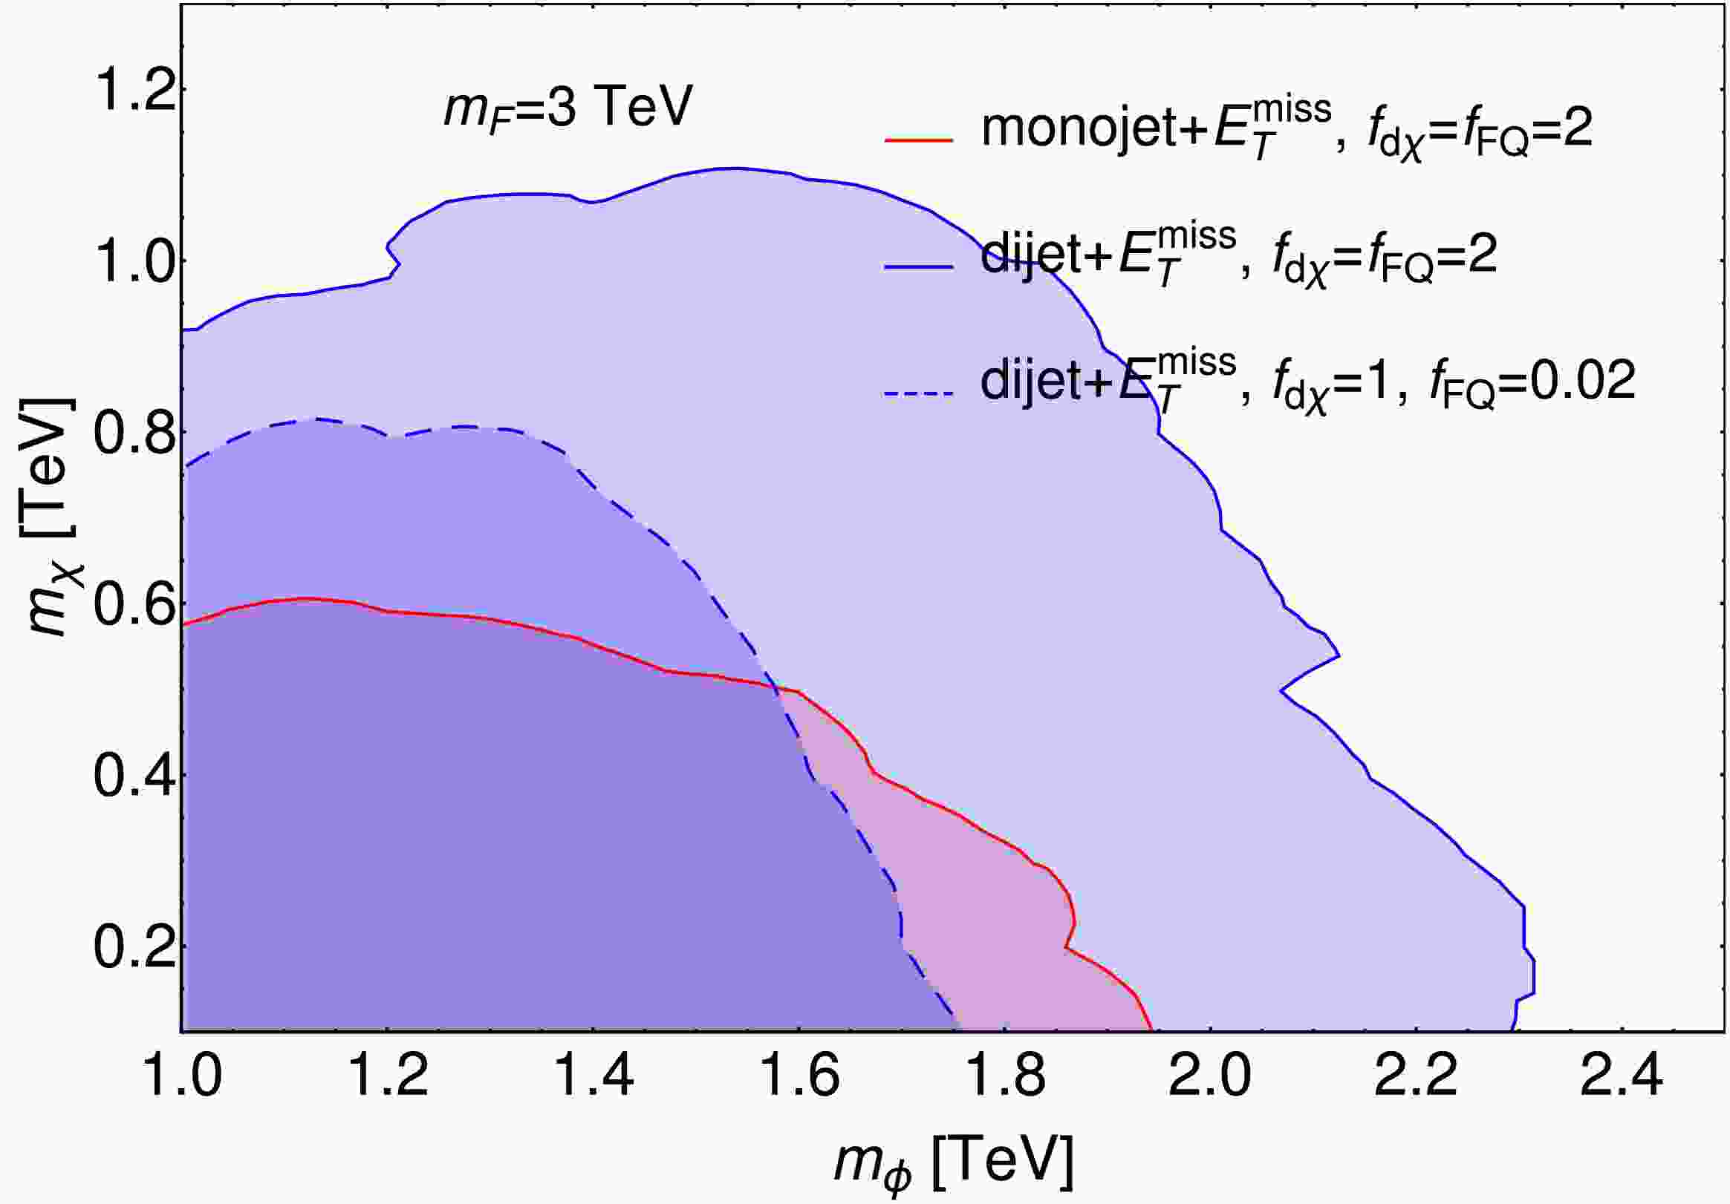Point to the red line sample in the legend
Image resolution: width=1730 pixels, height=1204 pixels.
919,140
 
